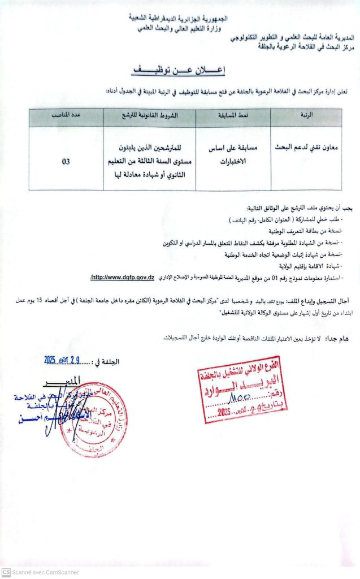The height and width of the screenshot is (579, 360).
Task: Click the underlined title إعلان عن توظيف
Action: click(x=179, y=71)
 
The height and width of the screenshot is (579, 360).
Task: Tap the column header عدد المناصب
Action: click(x=66, y=115)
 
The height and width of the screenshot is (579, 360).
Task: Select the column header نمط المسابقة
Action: click(x=233, y=115)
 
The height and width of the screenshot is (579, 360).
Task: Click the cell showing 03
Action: click(x=66, y=161)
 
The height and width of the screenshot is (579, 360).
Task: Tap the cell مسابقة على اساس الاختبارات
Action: click(x=233, y=155)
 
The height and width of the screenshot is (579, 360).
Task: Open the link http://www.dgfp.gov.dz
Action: click(x=123, y=277)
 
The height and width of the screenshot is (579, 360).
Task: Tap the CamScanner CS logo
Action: click(x=6, y=572)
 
